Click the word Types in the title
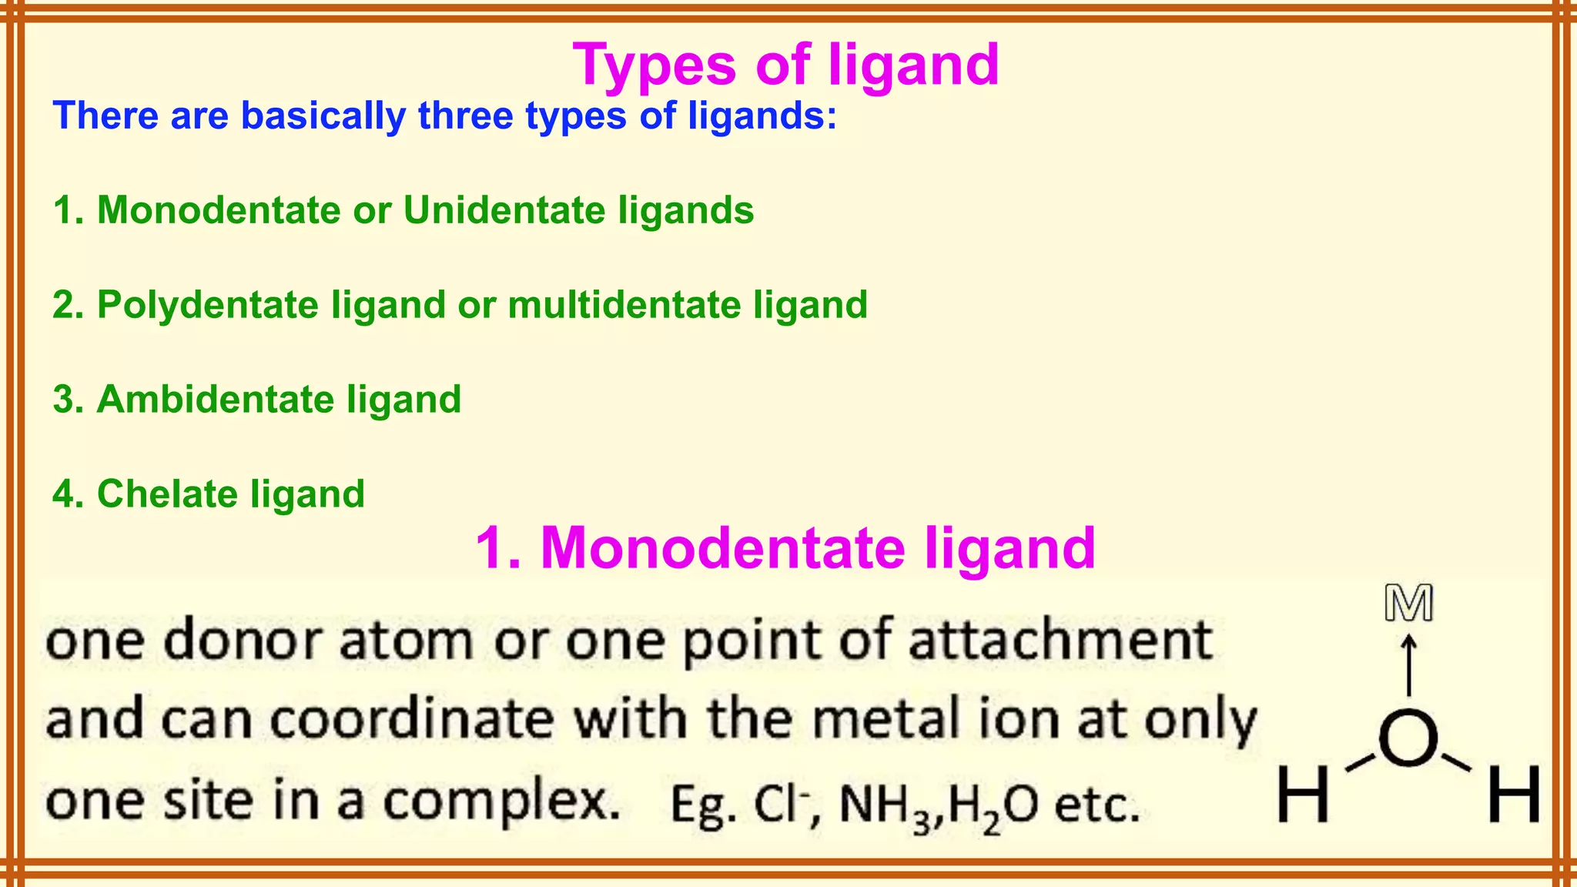click(x=655, y=66)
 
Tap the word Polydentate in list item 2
click(x=207, y=305)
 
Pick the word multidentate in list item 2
click(x=624, y=305)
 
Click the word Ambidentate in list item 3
click(x=215, y=400)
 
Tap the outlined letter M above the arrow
click(x=1408, y=603)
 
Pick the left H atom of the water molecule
click(x=1304, y=794)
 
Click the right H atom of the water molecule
click(x=1514, y=794)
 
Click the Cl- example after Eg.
click(x=782, y=804)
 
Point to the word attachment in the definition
click(x=1060, y=640)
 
